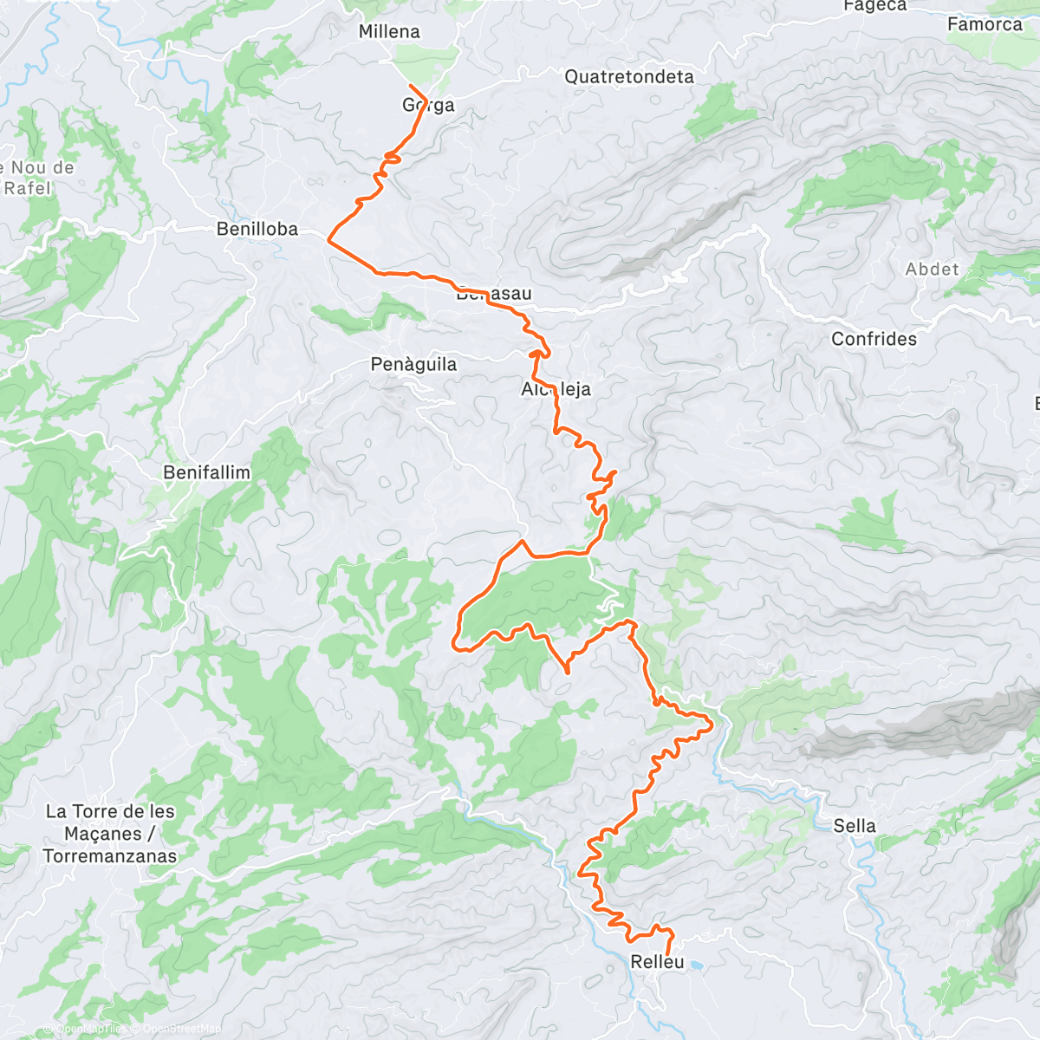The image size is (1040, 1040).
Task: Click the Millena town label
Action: pos(389,32)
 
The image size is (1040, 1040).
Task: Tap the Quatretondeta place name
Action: pos(629,77)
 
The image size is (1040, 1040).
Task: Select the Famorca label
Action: pos(985,25)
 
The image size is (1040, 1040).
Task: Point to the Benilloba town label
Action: pos(257,230)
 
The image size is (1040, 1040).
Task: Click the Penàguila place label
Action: pos(413,365)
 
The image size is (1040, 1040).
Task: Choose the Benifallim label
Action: pos(206,473)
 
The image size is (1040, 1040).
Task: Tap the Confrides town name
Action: pos(874,340)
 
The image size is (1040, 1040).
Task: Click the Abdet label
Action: pos(933,270)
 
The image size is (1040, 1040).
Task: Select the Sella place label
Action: pos(855,827)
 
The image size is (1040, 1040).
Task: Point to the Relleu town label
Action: pos(657,962)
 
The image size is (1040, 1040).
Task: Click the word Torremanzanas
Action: pos(109,856)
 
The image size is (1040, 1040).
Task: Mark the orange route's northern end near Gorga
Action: pos(410,86)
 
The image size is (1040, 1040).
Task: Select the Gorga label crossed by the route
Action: pos(428,106)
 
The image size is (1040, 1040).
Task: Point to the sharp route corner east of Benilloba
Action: pos(328,239)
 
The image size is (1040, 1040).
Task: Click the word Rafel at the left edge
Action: pos(28,188)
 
